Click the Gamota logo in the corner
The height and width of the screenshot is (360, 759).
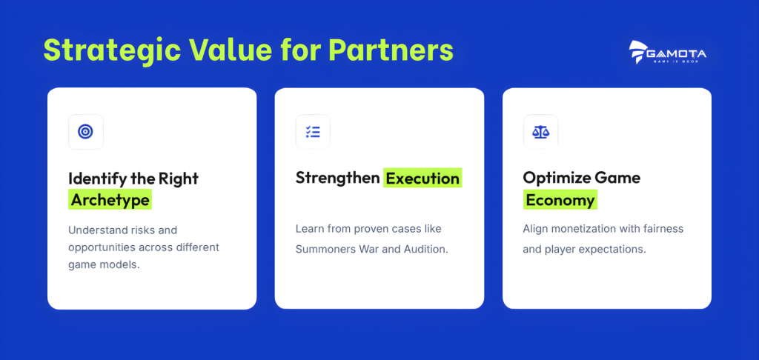[x=668, y=53]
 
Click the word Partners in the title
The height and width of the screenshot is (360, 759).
[x=391, y=49]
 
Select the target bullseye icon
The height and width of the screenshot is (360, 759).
[x=86, y=132]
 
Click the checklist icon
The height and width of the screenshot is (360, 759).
[x=314, y=132]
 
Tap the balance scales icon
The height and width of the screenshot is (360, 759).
[x=540, y=132]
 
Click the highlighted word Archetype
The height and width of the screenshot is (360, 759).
[x=110, y=200]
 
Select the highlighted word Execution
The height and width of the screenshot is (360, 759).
[x=422, y=178]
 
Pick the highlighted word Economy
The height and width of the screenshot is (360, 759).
[x=560, y=200]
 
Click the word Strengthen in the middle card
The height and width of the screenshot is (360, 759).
[x=337, y=178]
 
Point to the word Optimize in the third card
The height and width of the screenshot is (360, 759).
[x=553, y=178]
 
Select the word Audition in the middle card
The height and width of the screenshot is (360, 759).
[x=428, y=250]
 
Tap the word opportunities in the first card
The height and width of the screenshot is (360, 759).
[x=101, y=247]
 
